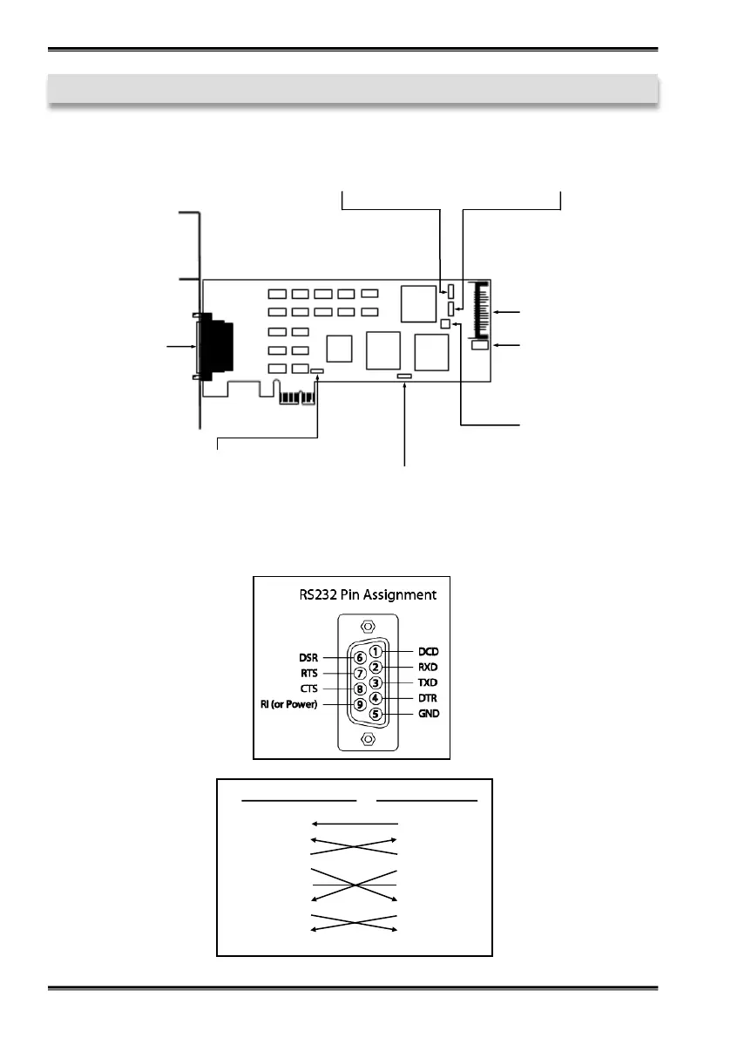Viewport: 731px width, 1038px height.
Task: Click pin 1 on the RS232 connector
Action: pyautogui.click(x=376, y=651)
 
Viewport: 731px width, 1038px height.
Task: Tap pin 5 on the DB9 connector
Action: pyautogui.click(x=376, y=714)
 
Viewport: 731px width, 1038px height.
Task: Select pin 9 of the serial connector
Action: pyautogui.click(x=360, y=704)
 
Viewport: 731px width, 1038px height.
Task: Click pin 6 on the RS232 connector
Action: pyautogui.click(x=360, y=658)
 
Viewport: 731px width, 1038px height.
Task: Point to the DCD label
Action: pyautogui.click(x=428, y=651)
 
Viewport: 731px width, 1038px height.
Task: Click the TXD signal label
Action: pyautogui.click(x=427, y=682)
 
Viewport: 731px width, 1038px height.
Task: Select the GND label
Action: pyautogui.click(x=429, y=714)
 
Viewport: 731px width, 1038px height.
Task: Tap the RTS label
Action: pyautogui.click(x=309, y=673)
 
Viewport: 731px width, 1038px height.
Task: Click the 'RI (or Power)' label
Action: pyautogui.click(x=289, y=704)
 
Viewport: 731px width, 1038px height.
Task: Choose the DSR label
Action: pyautogui.click(x=308, y=658)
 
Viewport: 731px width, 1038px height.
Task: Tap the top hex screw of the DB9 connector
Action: pyautogui.click(x=369, y=627)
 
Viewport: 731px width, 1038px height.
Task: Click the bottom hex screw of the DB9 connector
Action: pyautogui.click(x=369, y=739)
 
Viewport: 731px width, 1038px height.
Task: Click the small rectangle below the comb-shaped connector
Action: pyautogui.click(x=479, y=345)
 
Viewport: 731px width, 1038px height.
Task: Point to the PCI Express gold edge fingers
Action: pyautogui.click(x=297, y=397)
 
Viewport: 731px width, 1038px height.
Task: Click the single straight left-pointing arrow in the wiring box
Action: pyautogui.click(x=355, y=824)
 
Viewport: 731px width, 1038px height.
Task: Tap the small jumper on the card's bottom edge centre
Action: pyautogui.click(x=404, y=376)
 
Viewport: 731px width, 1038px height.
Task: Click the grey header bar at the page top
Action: pyautogui.click(x=353, y=89)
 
